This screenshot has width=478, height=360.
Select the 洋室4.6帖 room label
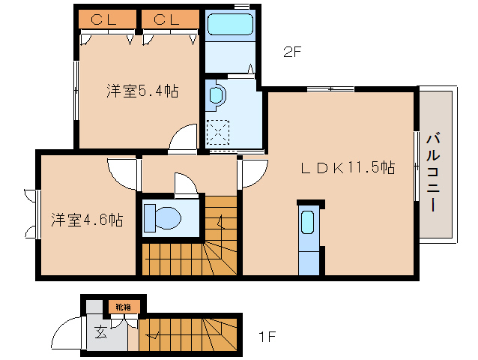[87, 220]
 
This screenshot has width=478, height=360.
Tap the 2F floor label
[292, 52]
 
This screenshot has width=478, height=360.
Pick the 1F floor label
[267, 337]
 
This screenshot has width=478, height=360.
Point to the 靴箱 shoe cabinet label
[123, 307]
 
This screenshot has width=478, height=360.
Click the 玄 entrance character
[100, 333]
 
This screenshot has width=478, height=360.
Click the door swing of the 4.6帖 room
[122, 173]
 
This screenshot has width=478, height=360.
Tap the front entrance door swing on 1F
[69, 331]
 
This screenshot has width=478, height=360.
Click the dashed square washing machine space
[220, 133]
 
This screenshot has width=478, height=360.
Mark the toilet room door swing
[184, 182]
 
